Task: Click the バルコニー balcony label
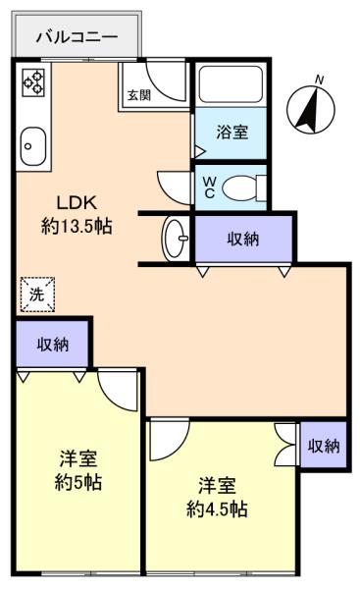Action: coord(77,37)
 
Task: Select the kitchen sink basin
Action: coord(33,145)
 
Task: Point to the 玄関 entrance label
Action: coord(138,95)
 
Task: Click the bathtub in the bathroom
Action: coord(231,84)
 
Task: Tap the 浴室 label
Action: coord(231,132)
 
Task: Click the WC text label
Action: coord(210,187)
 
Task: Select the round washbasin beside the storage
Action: coord(176,238)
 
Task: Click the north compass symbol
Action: coord(310,109)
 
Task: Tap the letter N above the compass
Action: coord(320,80)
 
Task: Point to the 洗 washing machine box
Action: coord(37,294)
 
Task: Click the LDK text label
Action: coord(77,203)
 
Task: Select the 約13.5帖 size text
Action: coord(77,227)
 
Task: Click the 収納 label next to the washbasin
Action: coord(243,239)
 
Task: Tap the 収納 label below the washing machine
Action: coord(53,345)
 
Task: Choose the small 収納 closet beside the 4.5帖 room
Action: coord(324,446)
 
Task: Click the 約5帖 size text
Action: coord(78,482)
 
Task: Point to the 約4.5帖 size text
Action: coord(217,509)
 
